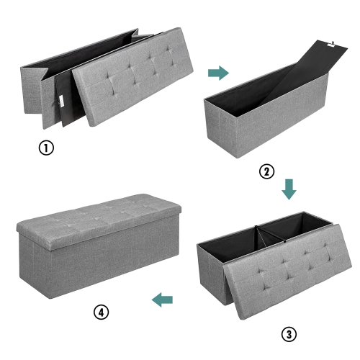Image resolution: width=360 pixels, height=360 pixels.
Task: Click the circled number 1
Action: (x=46, y=149)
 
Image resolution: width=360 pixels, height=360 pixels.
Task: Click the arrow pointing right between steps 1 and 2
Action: (x=218, y=73)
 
